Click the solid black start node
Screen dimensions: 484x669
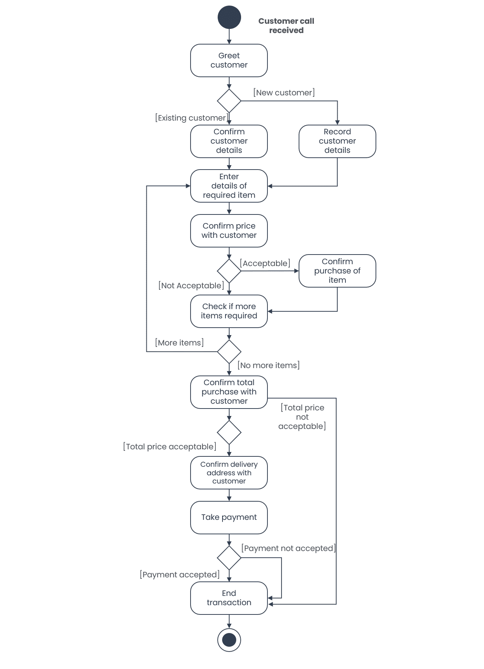coord(229,17)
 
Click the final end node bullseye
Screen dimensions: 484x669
coord(229,640)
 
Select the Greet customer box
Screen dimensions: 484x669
coord(229,60)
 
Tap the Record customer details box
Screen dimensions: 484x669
coord(337,141)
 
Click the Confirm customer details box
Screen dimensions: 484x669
coord(229,141)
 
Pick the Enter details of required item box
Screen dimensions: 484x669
coord(229,186)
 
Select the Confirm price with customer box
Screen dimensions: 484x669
coord(229,231)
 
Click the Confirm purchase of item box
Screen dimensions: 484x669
coord(337,271)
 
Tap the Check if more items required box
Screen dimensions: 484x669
coord(229,311)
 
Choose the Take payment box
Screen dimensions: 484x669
coord(229,518)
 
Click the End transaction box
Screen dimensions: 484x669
coord(229,598)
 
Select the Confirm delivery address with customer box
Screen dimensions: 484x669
coord(229,473)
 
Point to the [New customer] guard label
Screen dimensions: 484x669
coord(284,93)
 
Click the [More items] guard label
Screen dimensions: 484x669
coord(179,343)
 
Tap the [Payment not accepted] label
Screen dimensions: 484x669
coord(289,548)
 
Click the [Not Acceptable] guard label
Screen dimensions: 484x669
coord(191,286)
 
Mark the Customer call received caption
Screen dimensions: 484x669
coord(286,26)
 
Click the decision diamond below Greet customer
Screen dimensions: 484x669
coord(229,101)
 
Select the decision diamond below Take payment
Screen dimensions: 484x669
coord(229,558)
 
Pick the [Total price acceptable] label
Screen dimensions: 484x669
coord(170,447)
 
